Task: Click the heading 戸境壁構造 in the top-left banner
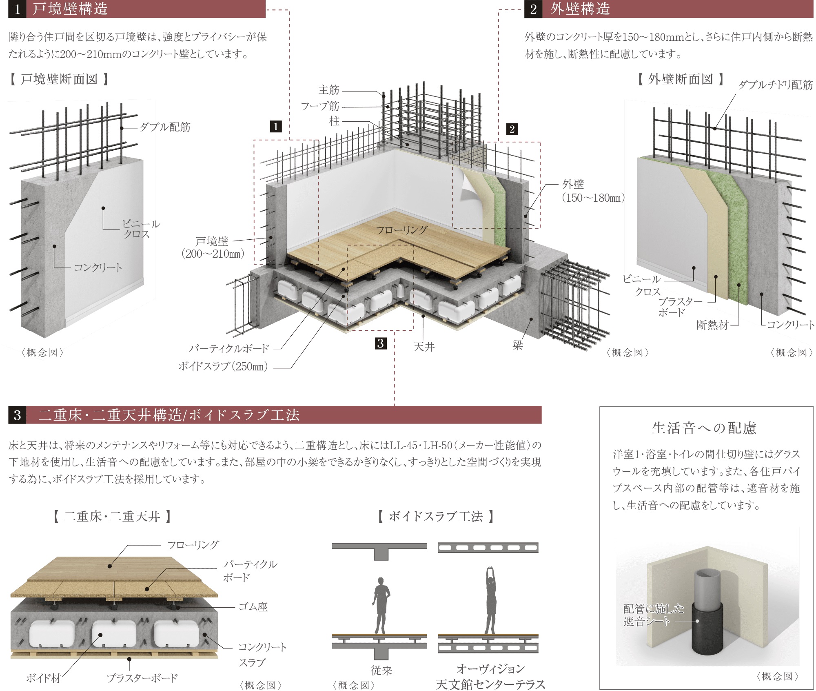point(70,9)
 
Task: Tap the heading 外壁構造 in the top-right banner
point(580,9)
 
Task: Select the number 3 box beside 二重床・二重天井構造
point(17,415)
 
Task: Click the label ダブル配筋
point(165,127)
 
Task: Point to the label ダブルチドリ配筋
point(776,85)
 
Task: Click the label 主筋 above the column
point(329,90)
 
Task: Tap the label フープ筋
point(320,106)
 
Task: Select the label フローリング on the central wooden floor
point(401,230)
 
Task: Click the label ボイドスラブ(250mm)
point(223,366)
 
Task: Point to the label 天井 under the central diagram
point(424,347)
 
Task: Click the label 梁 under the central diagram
point(517,345)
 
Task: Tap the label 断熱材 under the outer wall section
point(712,325)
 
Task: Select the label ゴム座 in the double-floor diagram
point(253,607)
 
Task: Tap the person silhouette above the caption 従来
point(381,605)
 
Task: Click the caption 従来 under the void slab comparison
point(381,670)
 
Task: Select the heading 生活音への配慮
point(704,428)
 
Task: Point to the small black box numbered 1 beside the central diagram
point(276,126)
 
